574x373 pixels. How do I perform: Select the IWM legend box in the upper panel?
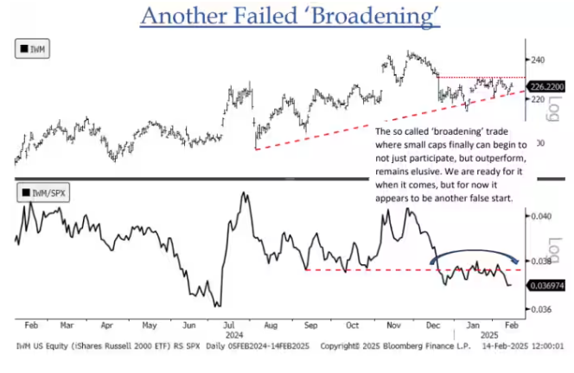(33, 50)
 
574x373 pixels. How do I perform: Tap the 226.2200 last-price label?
(545, 85)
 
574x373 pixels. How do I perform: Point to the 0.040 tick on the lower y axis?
(540, 217)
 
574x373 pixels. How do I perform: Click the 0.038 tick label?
(540, 262)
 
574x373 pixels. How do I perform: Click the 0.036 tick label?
(540, 308)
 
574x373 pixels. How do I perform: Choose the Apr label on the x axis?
(106, 326)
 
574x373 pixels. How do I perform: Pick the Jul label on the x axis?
(229, 326)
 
